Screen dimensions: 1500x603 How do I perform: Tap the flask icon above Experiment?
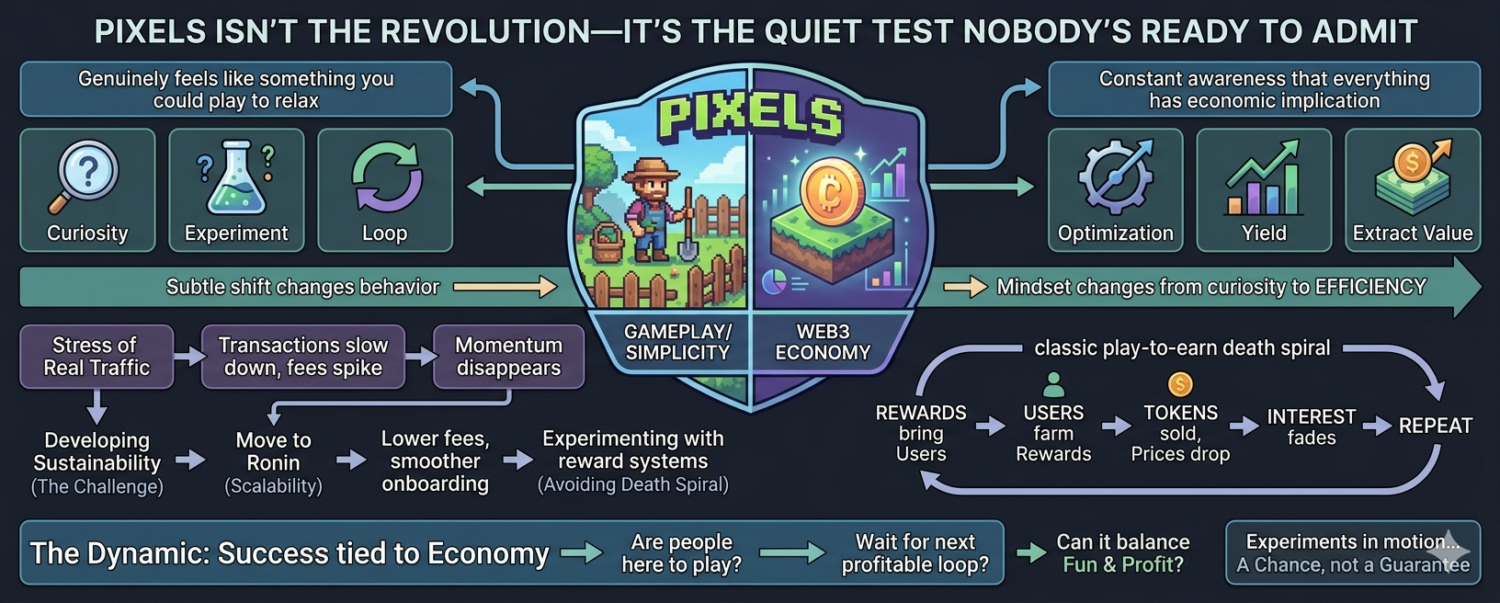[235, 176]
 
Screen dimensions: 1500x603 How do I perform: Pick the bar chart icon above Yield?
[1263, 178]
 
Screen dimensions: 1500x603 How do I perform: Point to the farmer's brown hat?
[650, 170]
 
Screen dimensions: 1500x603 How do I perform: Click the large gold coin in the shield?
[833, 192]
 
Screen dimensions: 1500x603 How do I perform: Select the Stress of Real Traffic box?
[97, 357]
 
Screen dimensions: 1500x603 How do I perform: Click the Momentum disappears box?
[509, 357]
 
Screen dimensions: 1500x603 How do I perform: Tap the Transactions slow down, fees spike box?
[303, 357]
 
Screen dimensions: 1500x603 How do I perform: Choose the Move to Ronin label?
[273, 451]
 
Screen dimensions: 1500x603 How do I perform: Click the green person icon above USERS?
[1053, 385]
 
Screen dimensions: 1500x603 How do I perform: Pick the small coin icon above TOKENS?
[1180, 384]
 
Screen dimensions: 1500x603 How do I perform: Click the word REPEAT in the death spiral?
[1436, 426]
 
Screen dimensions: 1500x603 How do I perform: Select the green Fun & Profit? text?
[1123, 564]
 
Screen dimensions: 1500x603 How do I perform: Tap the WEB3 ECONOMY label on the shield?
[823, 342]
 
